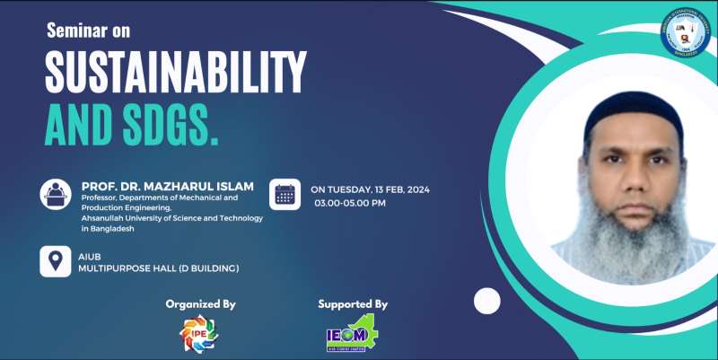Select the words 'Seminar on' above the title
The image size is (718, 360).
pyautogui.click(x=88, y=31)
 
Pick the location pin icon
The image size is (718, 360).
pyautogui.click(x=56, y=262)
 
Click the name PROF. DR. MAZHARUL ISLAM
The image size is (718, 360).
pyautogui.click(x=168, y=186)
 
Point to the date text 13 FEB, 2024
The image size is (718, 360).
pyautogui.click(x=400, y=190)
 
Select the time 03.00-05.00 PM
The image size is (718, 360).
pyautogui.click(x=350, y=204)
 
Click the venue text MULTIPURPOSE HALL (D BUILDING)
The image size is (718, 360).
pyautogui.click(x=159, y=268)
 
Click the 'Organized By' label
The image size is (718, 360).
pyautogui.click(x=200, y=304)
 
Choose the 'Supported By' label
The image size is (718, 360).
pyautogui.click(x=353, y=304)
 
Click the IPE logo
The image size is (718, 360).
pyautogui.click(x=198, y=334)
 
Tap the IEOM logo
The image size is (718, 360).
pyautogui.click(x=352, y=335)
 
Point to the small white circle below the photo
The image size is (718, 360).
pyautogui.click(x=486, y=300)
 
